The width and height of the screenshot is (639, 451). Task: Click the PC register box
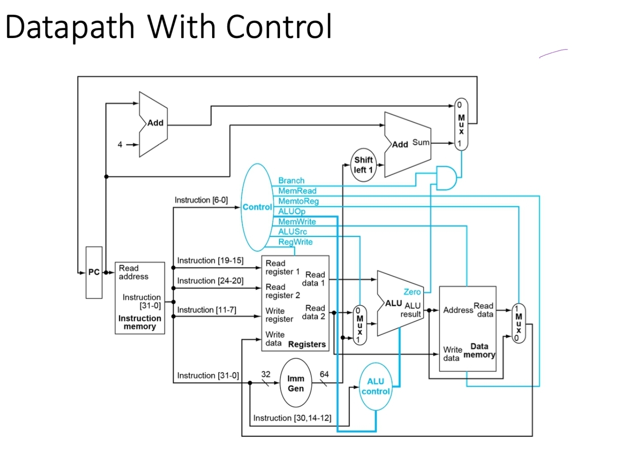click(x=94, y=272)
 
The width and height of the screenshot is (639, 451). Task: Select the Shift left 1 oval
click(x=363, y=165)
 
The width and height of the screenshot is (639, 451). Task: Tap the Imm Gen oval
click(x=295, y=383)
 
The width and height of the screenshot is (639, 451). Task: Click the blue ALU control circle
click(x=375, y=386)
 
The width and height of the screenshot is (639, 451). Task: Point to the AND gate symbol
click(x=446, y=178)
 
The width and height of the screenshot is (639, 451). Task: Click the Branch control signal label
click(x=291, y=181)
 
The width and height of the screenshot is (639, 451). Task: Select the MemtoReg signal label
click(x=298, y=201)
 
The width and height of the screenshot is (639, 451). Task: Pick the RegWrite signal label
click(x=295, y=242)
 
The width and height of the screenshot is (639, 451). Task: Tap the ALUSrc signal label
click(x=292, y=232)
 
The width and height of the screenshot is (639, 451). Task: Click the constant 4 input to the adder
click(x=120, y=144)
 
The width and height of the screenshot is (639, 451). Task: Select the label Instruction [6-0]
click(x=201, y=200)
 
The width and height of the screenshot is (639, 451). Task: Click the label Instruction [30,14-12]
click(x=292, y=418)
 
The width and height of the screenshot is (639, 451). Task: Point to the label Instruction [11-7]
click(x=206, y=310)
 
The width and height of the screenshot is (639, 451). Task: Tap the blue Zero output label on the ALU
click(x=412, y=292)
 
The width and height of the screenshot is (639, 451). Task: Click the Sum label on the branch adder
click(x=421, y=142)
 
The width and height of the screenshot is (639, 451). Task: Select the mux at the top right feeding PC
click(x=461, y=124)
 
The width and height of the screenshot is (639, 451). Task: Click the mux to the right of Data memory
click(x=518, y=323)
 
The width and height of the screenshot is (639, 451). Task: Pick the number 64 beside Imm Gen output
click(x=324, y=374)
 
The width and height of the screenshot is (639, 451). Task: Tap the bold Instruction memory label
click(x=139, y=322)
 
